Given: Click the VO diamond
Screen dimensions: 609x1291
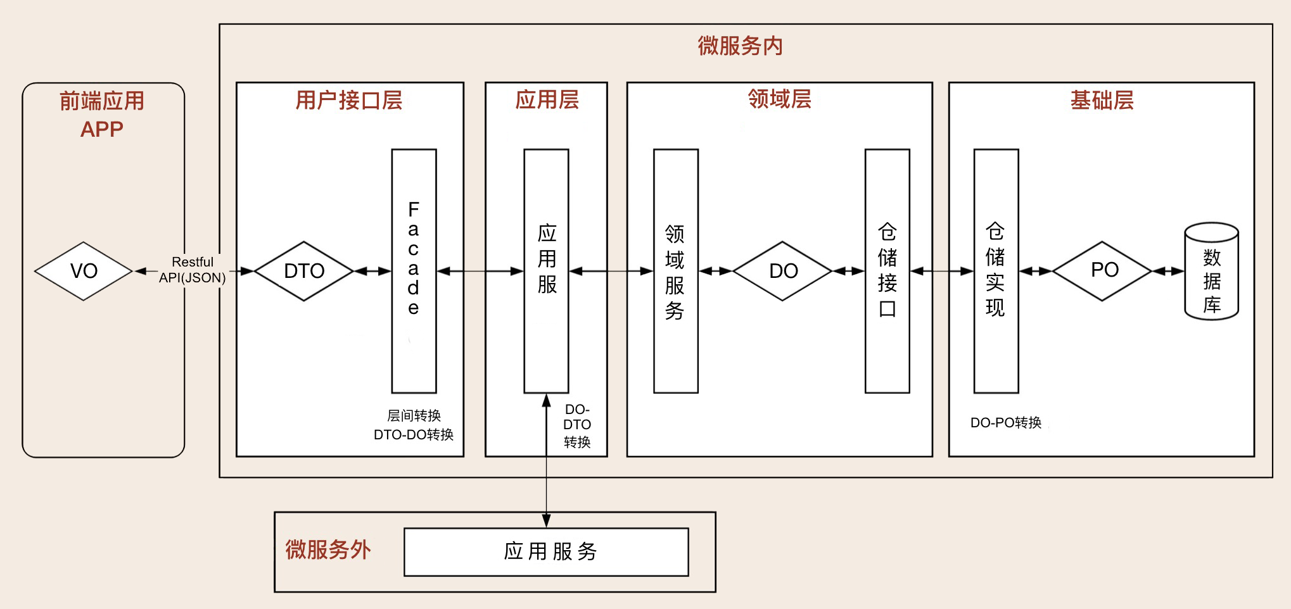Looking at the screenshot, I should point(84,271).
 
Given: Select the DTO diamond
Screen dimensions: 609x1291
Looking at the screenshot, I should point(304,271).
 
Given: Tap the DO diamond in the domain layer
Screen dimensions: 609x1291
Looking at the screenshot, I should point(783,271).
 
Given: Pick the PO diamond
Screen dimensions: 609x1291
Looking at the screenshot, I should point(1103,271).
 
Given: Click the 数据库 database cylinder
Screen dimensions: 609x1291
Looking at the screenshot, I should point(1211,272).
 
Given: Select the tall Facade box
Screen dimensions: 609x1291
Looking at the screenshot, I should point(414,271).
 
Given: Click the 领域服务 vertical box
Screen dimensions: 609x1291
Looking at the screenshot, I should point(675,271).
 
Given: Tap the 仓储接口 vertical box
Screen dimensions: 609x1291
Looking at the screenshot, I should point(887,271).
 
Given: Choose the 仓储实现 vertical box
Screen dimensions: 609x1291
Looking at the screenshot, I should point(996,271).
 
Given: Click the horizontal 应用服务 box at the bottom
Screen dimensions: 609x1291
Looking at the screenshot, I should point(546,552).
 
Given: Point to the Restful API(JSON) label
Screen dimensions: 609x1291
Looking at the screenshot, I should point(193,270).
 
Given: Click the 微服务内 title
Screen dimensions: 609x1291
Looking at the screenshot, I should point(740,46).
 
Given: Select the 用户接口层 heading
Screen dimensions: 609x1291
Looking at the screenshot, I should point(349,101).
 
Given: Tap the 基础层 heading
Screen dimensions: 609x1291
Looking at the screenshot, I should point(1102,101).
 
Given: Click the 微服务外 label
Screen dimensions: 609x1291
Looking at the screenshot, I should point(328,549).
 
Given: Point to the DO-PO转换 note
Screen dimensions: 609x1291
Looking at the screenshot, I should point(1005,423).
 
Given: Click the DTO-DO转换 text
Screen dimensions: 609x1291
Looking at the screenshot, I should point(413,435).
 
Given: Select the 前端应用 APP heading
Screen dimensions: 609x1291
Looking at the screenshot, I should point(102,115).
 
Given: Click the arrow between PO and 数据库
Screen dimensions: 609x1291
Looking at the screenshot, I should point(1168,271).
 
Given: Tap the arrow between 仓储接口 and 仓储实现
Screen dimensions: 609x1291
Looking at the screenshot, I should point(941,271).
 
